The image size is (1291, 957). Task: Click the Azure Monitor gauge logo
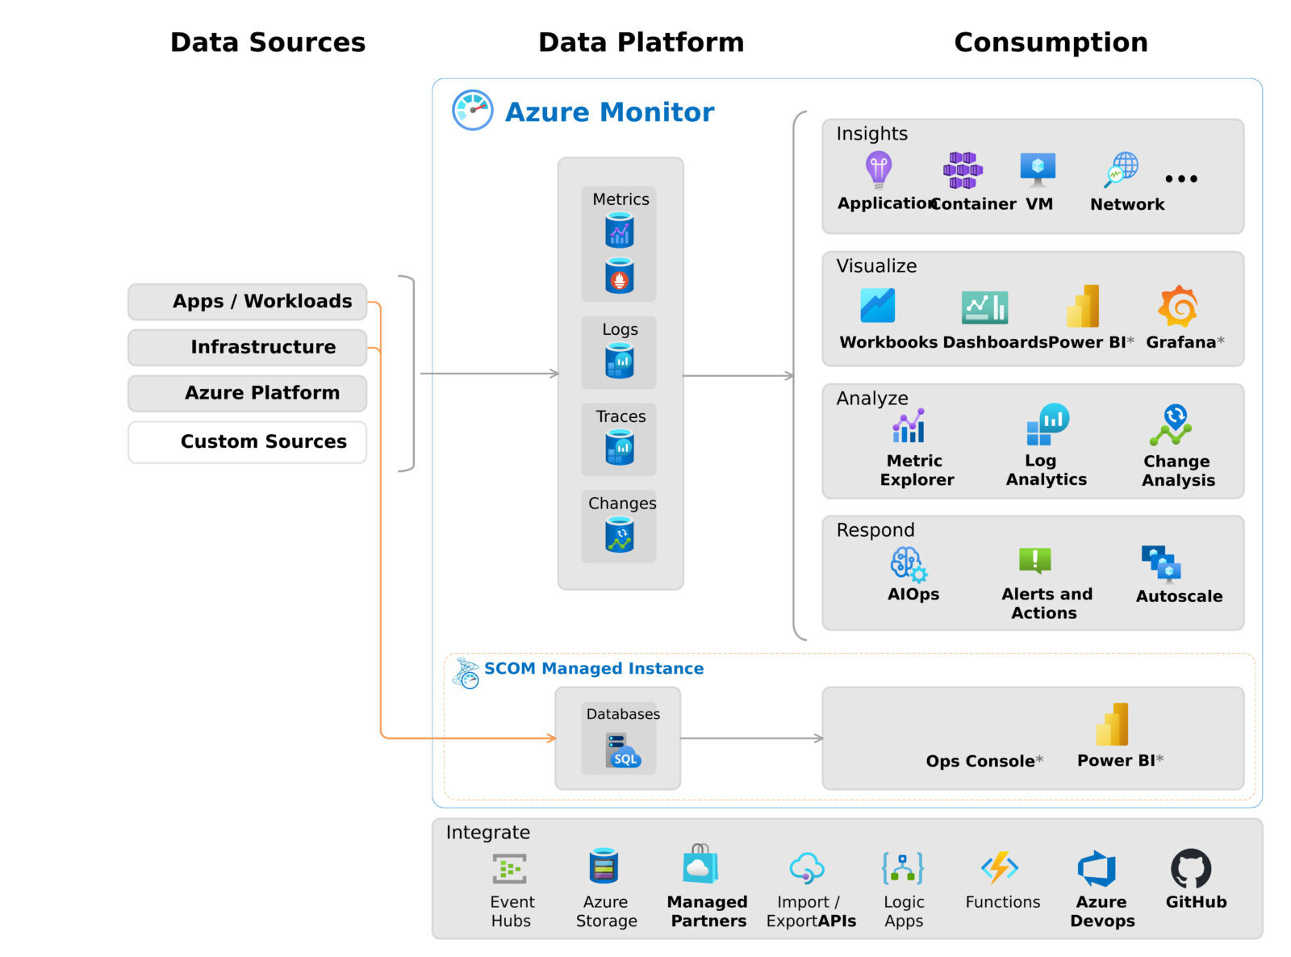pos(472,110)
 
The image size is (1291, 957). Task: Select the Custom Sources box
pos(247,441)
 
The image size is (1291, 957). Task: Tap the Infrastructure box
pos(247,347)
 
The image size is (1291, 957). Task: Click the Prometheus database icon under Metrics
pos(620,275)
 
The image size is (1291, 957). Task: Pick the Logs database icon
pos(620,361)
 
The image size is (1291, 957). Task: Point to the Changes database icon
pos(620,534)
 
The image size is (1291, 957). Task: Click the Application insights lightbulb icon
pos(878,169)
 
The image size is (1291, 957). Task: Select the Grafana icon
pos(1178,307)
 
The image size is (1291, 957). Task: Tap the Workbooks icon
pos(877,306)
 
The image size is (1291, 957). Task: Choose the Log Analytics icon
pos(1047,424)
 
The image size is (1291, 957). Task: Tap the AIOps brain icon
pos(909,564)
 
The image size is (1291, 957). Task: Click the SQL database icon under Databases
pos(622,751)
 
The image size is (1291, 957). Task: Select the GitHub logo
pos(1191,868)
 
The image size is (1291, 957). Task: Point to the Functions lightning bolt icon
pos(1000,867)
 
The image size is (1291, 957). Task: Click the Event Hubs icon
pos(510,869)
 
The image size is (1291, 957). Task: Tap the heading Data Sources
pos(268,42)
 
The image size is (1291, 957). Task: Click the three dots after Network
pos(1181,178)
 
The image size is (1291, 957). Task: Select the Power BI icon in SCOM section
pos(1112,724)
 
